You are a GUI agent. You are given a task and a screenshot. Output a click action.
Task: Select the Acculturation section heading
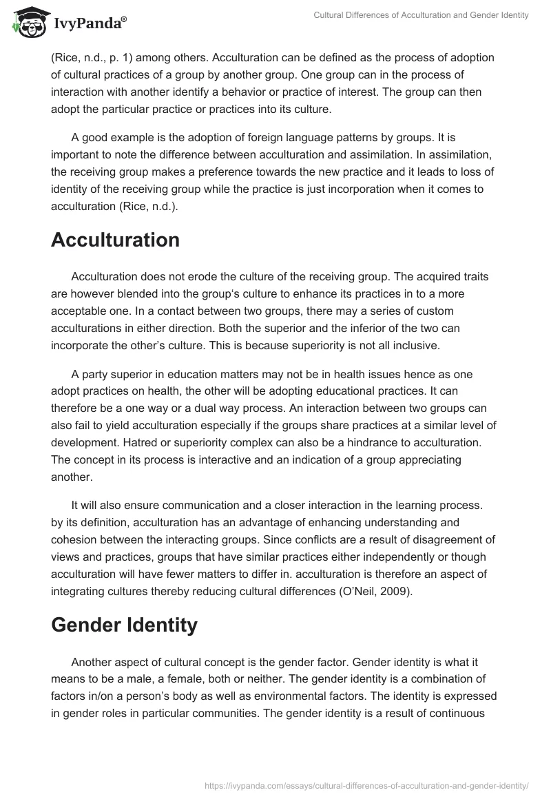click(115, 240)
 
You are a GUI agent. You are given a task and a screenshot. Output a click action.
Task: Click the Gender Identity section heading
click(124, 625)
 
